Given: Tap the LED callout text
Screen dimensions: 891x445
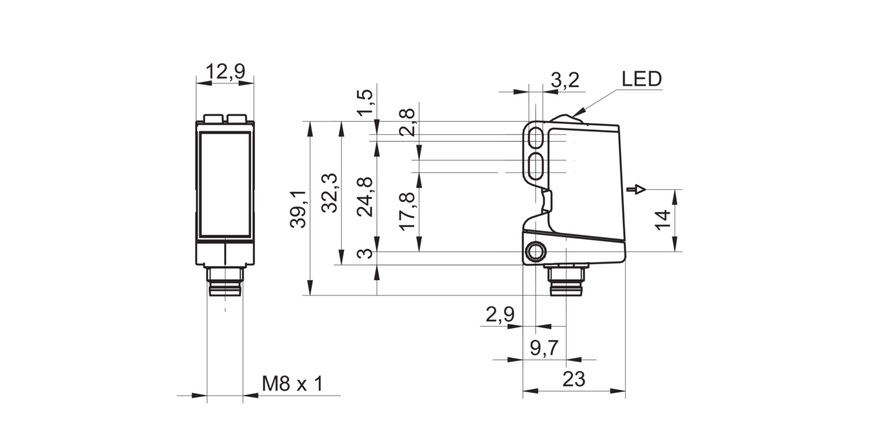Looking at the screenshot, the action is click(642, 79).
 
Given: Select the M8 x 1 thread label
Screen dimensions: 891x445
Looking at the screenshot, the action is click(292, 384).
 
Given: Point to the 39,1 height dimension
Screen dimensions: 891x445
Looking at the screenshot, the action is click(299, 209).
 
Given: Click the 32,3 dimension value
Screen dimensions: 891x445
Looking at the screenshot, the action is click(330, 193).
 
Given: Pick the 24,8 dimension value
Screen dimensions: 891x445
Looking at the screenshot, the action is click(365, 197).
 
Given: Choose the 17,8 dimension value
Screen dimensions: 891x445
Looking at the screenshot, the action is click(407, 211).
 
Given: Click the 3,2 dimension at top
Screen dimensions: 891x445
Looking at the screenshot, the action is click(565, 80).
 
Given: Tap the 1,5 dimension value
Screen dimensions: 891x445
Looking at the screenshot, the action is click(365, 103).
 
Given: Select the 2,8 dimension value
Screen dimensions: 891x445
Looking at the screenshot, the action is click(407, 122).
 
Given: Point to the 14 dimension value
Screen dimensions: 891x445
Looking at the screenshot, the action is click(663, 220).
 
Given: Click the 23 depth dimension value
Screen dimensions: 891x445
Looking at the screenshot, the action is click(574, 379).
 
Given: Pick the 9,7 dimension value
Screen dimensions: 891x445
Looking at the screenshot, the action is click(544, 348).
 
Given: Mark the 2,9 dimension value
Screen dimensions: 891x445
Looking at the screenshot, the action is click(500, 315).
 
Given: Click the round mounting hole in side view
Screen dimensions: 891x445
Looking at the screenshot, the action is click(536, 252).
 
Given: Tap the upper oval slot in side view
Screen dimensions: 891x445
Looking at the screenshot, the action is click(537, 138).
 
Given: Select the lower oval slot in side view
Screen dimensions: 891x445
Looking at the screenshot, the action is click(537, 166).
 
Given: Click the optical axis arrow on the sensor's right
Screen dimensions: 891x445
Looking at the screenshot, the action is click(636, 189).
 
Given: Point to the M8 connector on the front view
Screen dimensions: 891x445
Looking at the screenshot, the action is click(225, 282).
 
